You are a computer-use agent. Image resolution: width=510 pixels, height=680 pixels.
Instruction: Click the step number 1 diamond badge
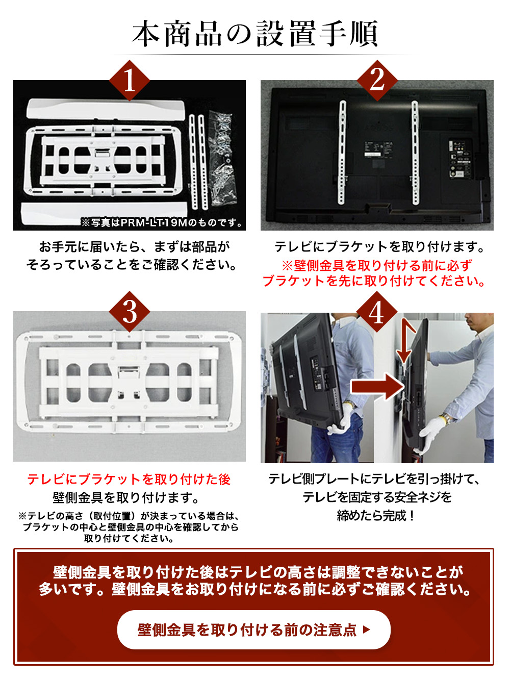(130, 81)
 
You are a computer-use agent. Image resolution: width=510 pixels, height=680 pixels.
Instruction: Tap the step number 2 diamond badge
(377, 81)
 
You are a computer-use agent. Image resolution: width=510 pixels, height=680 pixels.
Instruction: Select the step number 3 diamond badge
(130, 312)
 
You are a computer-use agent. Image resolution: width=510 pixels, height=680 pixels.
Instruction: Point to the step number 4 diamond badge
(377, 313)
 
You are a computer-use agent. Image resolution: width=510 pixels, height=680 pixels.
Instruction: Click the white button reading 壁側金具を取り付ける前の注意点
(253, 629)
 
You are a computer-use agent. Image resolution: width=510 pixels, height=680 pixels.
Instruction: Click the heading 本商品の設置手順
(255, 34)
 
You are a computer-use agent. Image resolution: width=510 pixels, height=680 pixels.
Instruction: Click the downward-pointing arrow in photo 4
(406, 341)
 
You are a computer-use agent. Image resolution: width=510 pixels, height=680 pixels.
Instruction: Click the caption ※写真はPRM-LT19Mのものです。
(161, 222)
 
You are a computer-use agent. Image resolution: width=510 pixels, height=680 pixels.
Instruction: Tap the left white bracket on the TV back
(342, 152)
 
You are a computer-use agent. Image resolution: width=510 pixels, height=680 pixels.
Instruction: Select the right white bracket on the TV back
(415, 152)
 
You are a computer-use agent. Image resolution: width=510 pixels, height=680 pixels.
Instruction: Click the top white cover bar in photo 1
(106, 109)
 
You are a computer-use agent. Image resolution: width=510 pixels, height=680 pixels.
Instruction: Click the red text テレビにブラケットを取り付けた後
(129, 479)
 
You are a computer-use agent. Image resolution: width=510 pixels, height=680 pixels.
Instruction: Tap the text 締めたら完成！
(375, 516)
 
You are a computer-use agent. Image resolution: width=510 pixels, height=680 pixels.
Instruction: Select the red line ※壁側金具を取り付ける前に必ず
(377, 265)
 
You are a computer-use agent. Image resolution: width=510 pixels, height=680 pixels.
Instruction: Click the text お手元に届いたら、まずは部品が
(135, 246)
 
